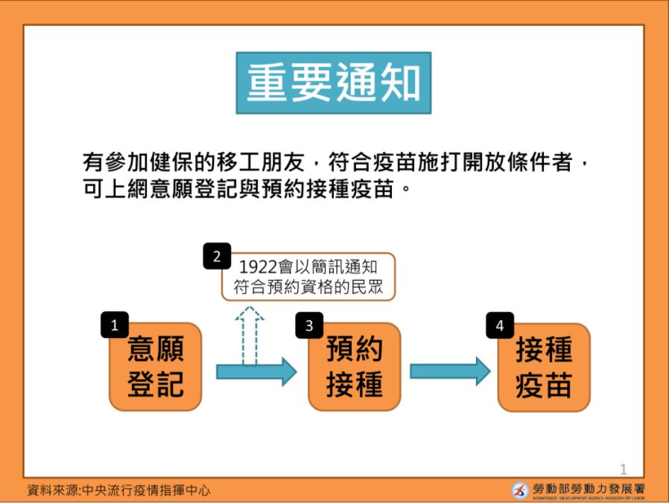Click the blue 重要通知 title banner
tap(334, 83)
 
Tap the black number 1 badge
tap(114, 325)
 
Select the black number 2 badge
tap(217, 256)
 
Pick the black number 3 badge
tap(309, 325)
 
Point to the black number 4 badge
tap(500, 325)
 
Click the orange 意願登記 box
tap(155, 367)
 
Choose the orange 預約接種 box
tap(354, 367)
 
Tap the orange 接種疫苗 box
tap(544, 368)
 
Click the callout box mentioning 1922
tap(308, 277)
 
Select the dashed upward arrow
tap(250, 336)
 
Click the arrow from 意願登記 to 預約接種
tap(256, 371)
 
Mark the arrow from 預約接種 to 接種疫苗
tap(450, 371)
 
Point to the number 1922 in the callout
tap(258, 267)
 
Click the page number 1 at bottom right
tap(624, 470)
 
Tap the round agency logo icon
tap(520, 491)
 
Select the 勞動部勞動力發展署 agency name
tap(589, 488)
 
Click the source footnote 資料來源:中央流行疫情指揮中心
tap(118, 490)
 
